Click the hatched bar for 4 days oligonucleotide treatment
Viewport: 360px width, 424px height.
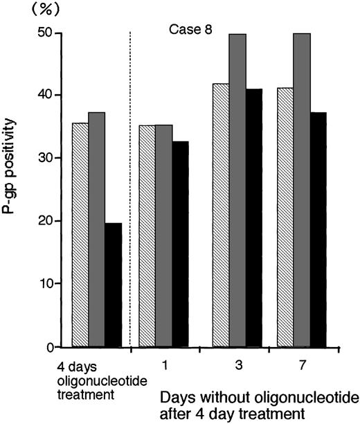point(80,236)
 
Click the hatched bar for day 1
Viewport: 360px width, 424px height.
point(147,236)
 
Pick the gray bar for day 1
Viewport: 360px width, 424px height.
point(163,236)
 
